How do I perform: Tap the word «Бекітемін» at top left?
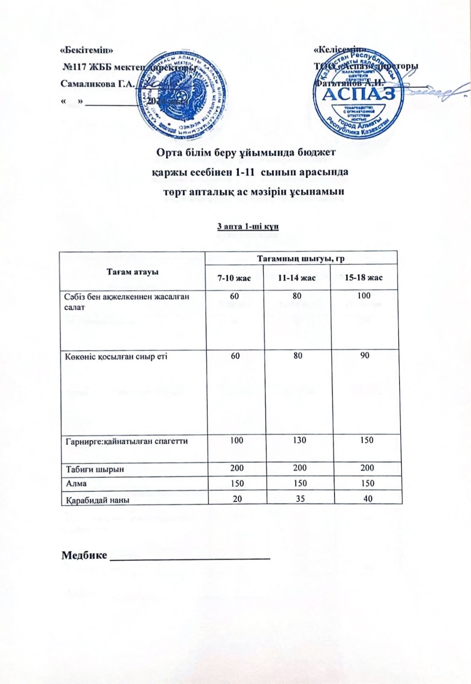pos(87,50)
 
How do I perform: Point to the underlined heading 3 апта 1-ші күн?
pos(248,226)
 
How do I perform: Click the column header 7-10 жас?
pos(234,278)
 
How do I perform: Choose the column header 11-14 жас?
pos(297,278)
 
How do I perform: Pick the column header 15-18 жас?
pos(364,278)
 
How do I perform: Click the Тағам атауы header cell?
pos(132,272)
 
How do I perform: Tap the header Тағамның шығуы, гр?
pos(300,259)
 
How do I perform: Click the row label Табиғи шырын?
pos(94,469)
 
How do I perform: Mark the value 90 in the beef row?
pos(365,355)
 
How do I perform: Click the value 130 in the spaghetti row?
pos(300,440)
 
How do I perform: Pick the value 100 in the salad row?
pos(364,296)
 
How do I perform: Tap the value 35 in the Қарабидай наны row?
pos(300,498)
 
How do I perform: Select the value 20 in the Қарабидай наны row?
pos(237,498)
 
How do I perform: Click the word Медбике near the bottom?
pos(84,555)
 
